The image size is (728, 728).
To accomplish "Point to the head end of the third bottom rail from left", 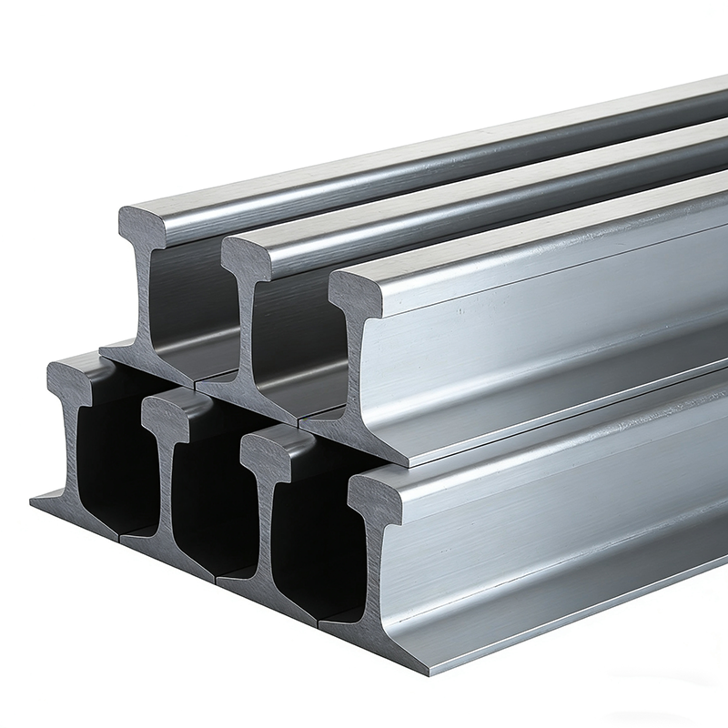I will click(265, 446).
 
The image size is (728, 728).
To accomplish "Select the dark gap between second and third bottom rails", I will click(215, 505).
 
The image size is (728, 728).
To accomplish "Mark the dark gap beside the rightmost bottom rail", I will click(314, 546).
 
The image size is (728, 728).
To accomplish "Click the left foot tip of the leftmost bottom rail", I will click(36, 500).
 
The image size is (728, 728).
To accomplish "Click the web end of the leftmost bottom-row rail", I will click(72, 446).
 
